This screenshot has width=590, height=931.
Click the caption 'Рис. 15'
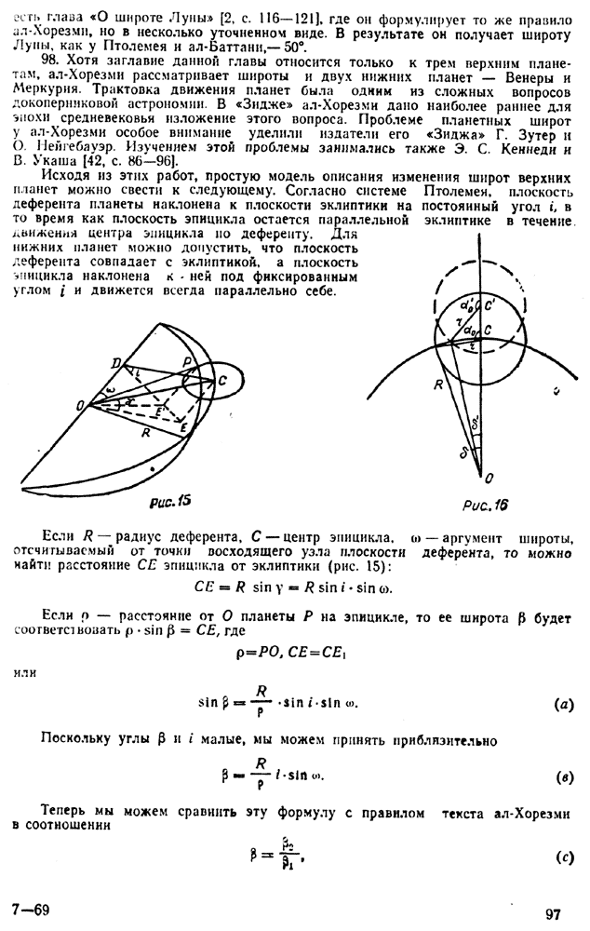tap(168, 501)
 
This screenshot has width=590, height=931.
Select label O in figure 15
tap(82, 403)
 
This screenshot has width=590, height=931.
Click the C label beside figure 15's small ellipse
tap(222, 381)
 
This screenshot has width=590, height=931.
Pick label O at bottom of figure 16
tap(489, 477)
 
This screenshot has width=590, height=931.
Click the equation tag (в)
tap(562, 775)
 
